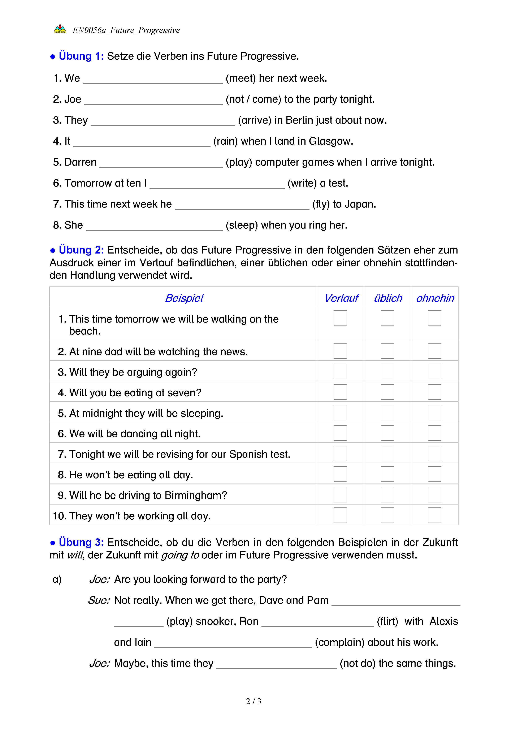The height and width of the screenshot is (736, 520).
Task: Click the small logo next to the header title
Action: [x=60, y=29]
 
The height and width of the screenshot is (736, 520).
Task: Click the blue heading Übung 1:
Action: [x=81, y=56]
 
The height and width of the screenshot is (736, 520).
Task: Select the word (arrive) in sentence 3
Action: [x=255, y=120]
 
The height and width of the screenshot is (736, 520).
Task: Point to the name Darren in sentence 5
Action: [x=80, y=162]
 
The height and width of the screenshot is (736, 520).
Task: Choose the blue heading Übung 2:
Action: [x=81, y=250]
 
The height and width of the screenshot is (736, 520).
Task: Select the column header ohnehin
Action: [x=435, y=298]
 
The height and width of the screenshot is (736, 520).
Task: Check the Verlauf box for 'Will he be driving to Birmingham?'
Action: [x=340, y=495]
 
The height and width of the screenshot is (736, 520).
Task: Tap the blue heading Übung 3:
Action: [x=81, y=542]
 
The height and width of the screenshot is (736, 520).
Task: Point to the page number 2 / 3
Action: [x=253, y=701]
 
